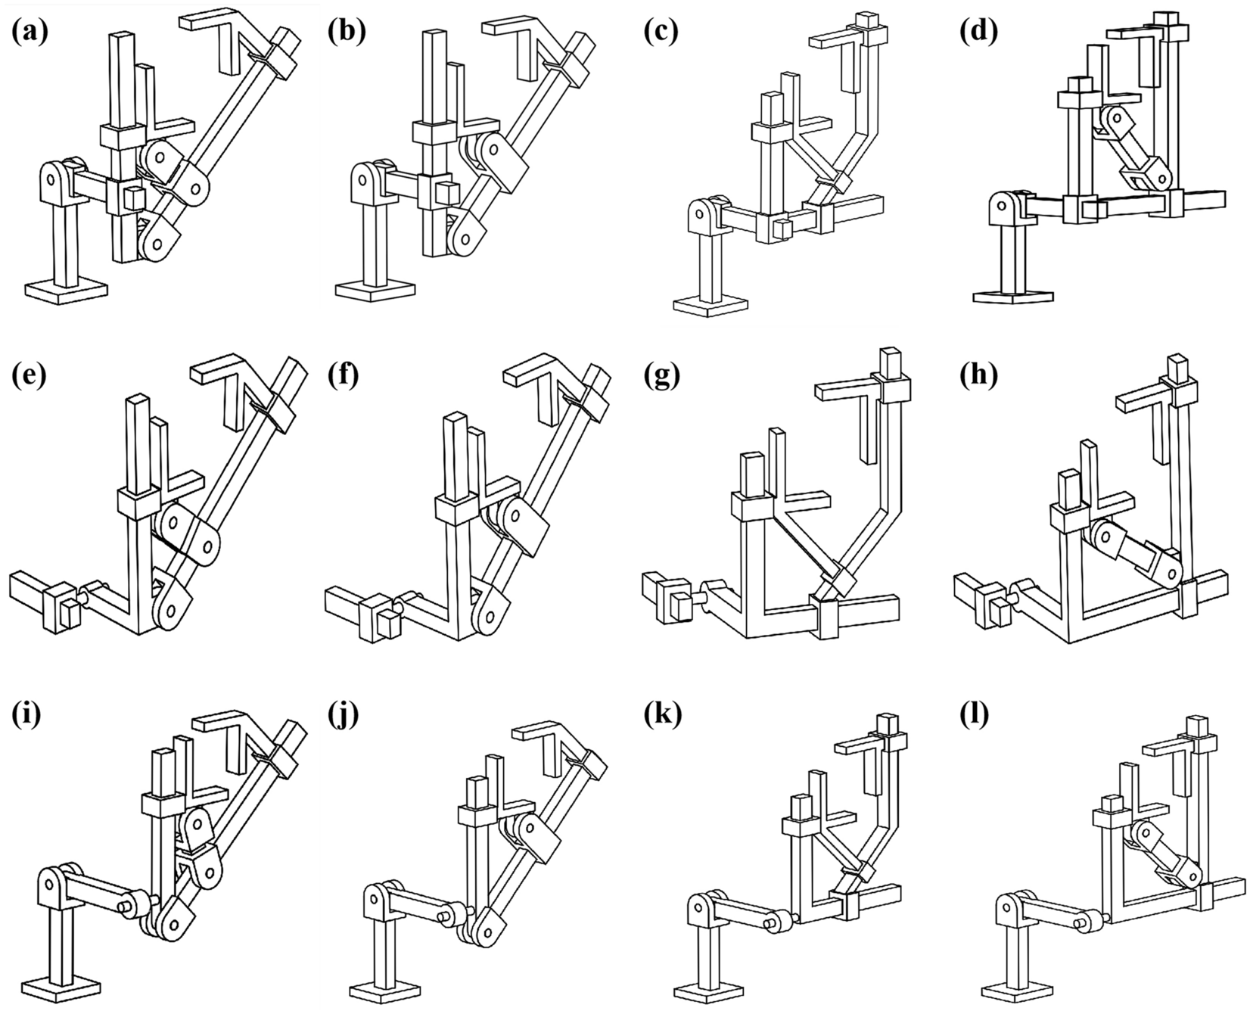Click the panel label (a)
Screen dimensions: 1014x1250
tap(30, 32)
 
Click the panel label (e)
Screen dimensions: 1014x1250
tap(30, 376)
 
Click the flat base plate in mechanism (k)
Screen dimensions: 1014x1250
tap(709, 990)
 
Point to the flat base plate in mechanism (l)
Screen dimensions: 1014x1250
tap(1019, 991)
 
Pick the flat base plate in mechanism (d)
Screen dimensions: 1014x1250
tap(1012, 297)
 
